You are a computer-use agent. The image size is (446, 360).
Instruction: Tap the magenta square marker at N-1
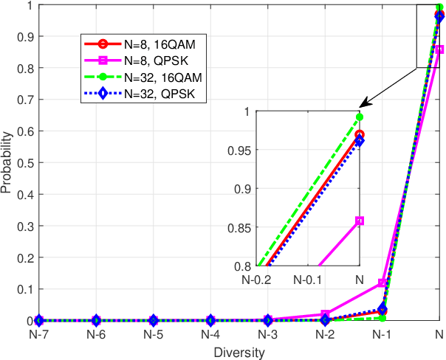click(382, 283)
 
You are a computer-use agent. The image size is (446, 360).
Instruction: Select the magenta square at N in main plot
click(439, 49)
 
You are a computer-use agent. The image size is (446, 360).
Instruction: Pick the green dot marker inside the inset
click(360, 117)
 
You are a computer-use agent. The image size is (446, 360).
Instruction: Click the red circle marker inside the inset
click(360, 135)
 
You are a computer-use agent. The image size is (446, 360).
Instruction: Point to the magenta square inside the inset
click(360, 221)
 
